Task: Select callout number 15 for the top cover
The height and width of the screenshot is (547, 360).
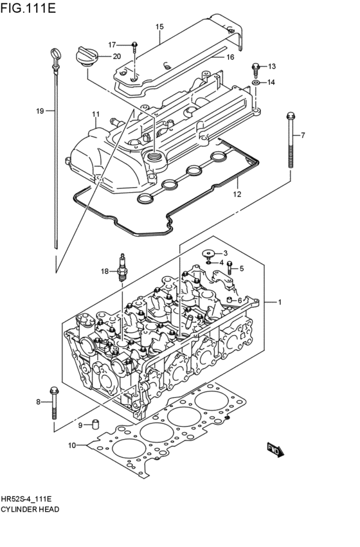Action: pos(159,27)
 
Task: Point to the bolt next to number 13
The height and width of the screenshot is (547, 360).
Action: pos(256,66)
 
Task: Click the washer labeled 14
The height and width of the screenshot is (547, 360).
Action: pos(256,83)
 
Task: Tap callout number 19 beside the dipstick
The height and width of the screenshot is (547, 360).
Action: pos(40,111)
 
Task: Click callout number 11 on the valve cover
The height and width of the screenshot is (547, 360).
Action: pos(95,114)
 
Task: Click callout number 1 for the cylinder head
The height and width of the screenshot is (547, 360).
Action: pos(280,301)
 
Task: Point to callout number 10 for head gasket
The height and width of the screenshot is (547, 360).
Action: pos(71,445)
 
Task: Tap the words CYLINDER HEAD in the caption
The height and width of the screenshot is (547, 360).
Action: pos(30,509)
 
